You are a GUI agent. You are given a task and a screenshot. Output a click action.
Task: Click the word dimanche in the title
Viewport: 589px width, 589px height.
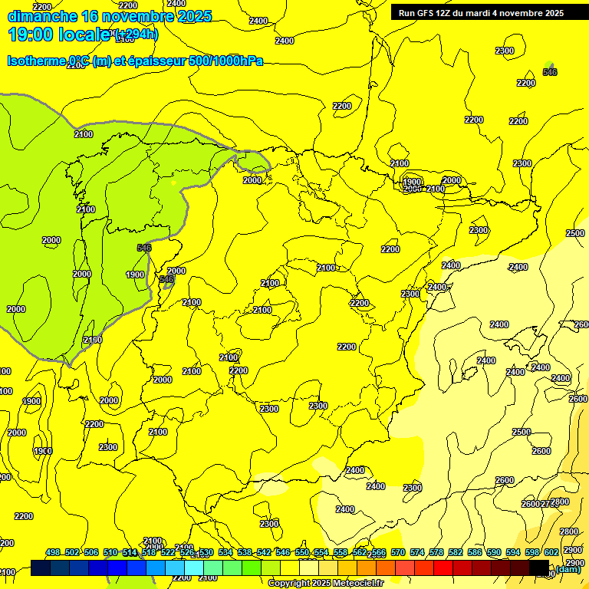click(42, 16)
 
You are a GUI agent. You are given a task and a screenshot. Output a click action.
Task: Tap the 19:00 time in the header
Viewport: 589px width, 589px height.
click(31, 35)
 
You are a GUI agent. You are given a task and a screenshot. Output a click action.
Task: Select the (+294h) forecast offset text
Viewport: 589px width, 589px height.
click(136, 34)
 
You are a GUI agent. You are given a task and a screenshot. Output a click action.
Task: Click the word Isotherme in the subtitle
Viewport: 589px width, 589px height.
click(35, 61)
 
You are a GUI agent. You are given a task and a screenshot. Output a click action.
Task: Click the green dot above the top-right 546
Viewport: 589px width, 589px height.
click(548, 66)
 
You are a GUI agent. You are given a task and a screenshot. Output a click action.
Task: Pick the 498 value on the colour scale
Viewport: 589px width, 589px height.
click(53, 553)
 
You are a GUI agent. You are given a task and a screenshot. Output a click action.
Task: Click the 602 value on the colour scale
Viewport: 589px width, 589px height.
click(551, 553)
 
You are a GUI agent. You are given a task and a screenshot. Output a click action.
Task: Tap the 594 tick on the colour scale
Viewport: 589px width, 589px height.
click(513, 553)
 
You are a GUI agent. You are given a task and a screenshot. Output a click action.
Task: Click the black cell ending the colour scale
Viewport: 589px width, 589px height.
click(539, 568)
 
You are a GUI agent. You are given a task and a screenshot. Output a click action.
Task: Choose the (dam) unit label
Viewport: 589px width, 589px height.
click(568, 568)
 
